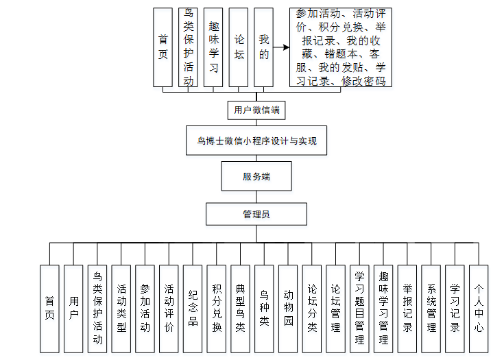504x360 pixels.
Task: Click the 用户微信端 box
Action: tap(256, 110)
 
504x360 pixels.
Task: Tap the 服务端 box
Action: tap(256, 176)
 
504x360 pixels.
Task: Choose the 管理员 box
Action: tap(256, 214)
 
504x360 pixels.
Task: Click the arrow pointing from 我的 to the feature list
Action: tap(281, 48)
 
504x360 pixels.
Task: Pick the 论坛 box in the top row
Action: tap(239, 47)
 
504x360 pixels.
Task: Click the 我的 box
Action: tap(263, 47)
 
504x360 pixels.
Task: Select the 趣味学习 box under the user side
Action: tap(213, 47)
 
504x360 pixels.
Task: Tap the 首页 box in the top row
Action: tap(163, 47)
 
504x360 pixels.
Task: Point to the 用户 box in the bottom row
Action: tap(73, 309)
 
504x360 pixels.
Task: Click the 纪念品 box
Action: tap(193, 309)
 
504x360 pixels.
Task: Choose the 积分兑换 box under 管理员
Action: tap(217, 309)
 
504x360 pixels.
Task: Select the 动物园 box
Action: tap(288, 309)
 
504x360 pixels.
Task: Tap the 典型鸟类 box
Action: tap(240, 309)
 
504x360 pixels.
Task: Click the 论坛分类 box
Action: tap(312, 309)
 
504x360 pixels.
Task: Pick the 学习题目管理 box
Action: tap(359, 309)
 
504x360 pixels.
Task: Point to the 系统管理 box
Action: tap(431, 309)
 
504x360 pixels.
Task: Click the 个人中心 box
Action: tap(479, 309)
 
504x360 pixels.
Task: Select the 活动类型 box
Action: tap(121, 309)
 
